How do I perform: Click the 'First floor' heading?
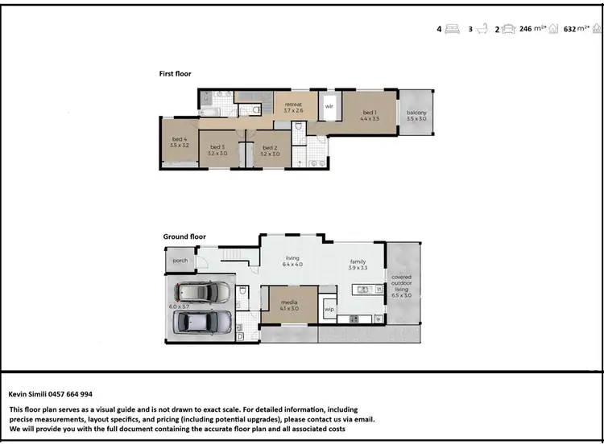click(175, 73)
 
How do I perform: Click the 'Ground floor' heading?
click(184, 236)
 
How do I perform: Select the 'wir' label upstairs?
click(329, 105)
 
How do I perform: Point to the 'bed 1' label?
click(369, 113)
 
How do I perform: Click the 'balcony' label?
click(416, 113)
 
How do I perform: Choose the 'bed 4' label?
click(180, 139)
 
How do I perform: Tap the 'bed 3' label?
click(217, 146)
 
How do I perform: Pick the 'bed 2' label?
click(270, 146)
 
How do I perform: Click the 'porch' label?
click(180, 261)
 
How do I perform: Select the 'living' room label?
click(291, 258)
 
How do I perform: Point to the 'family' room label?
click(358, 261)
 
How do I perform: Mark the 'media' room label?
click(290, 303)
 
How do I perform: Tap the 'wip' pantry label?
click(329, 308)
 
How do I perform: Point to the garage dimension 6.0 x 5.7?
click(178, 306)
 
